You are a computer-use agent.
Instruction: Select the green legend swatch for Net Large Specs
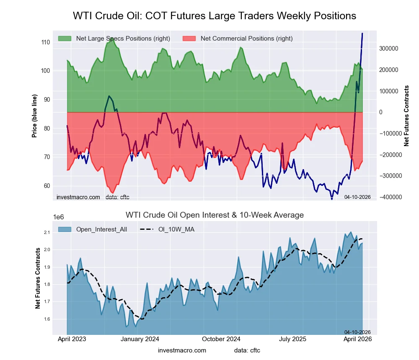(65, 39)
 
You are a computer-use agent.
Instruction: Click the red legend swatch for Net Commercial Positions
(189, 39)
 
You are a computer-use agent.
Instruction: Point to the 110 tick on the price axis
(45, 42)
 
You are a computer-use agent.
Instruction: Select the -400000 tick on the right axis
(390, 197)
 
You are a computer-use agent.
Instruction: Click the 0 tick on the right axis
(381, 112)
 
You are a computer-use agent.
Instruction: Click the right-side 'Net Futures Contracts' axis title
(406, 116)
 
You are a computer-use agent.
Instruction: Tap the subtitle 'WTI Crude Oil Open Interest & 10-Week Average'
(215, 215)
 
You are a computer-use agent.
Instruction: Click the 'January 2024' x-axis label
(140, 339)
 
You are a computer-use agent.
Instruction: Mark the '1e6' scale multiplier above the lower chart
(59, 217)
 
